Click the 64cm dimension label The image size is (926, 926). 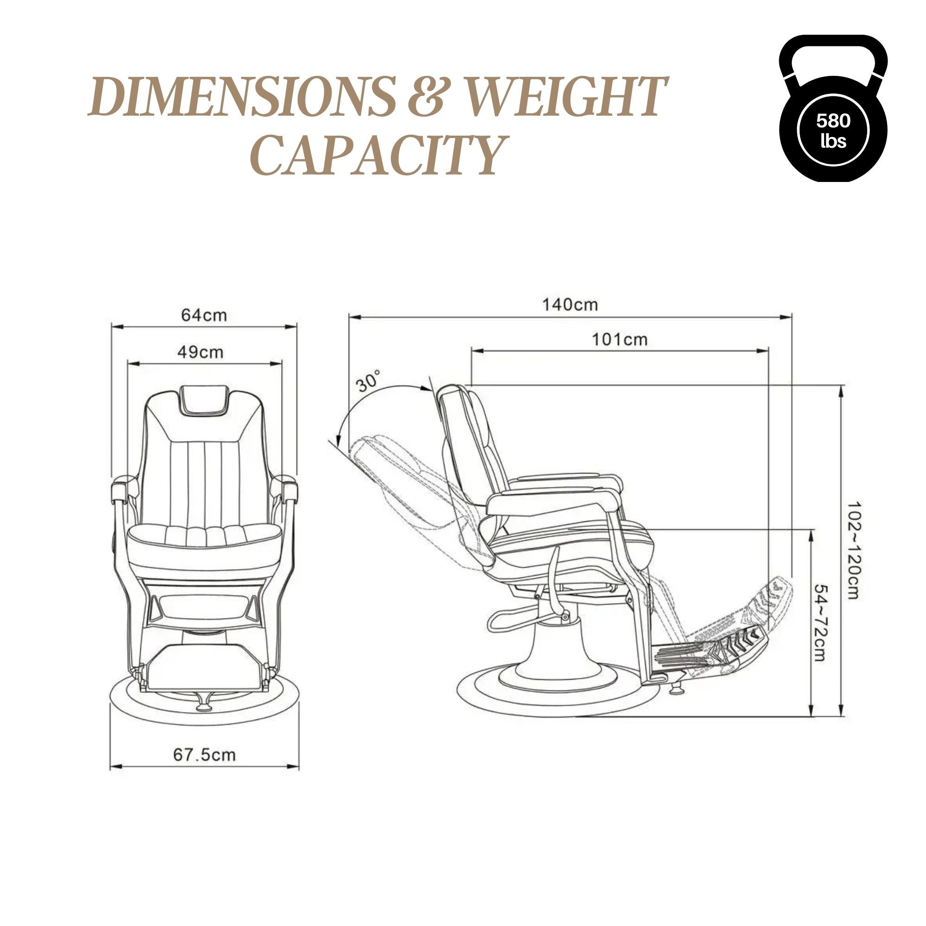point(204,315)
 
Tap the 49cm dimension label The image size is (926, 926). point(200,352)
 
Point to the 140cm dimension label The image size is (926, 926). point(570,304)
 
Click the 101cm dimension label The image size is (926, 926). point(619,340)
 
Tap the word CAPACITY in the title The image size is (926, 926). point(379,154)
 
